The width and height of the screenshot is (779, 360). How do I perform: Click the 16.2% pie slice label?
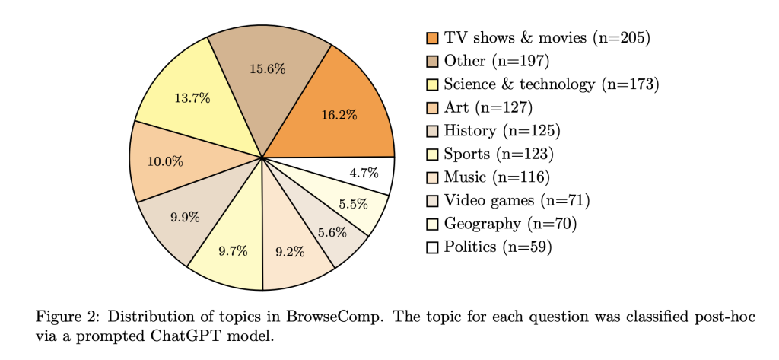339,115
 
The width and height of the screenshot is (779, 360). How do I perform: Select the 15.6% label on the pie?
268,68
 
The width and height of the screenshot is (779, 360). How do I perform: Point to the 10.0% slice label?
165,161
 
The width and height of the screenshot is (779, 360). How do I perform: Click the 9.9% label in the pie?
185,217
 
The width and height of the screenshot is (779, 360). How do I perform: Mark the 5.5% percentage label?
353,204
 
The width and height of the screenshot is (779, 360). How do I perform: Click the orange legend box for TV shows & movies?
433,37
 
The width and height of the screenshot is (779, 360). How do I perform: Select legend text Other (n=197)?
497,61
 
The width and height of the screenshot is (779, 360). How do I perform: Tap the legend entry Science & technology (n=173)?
551,84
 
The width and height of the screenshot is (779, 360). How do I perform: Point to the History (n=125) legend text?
502,131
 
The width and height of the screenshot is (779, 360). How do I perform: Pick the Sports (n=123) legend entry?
498,155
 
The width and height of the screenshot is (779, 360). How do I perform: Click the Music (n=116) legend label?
496,177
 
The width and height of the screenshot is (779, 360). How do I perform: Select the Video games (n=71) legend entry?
517,201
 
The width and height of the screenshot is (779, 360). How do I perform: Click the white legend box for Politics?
433,247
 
